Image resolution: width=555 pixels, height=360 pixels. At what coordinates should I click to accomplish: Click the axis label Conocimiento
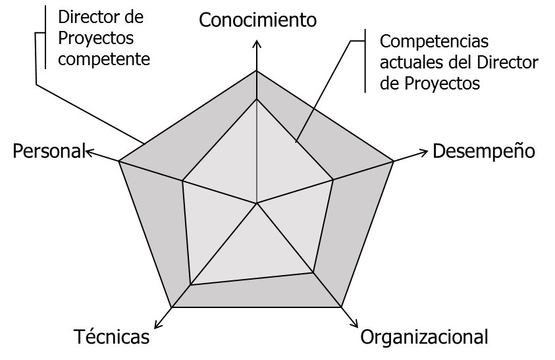click(257, 20)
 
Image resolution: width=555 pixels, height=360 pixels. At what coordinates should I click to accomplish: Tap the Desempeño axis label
click(483, 151)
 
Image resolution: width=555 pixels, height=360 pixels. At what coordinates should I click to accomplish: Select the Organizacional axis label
click(425, 337)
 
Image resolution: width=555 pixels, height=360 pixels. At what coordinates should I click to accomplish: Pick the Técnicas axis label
click(111, 337)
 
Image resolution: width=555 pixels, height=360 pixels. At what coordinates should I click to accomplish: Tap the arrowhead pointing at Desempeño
click(423, 153)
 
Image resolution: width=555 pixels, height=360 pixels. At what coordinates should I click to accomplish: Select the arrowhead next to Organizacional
click(354, 324)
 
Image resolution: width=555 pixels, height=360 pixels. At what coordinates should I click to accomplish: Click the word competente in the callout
click(104, 59)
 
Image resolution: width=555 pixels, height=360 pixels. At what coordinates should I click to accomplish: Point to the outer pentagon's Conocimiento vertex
click(257, 71)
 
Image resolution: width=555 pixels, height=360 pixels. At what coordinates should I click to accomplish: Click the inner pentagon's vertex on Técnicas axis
click(191, 285)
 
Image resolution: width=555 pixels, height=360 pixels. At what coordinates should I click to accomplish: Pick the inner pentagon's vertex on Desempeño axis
click(333, 180)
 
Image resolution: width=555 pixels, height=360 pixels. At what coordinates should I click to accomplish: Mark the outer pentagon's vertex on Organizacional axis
click(342, 307)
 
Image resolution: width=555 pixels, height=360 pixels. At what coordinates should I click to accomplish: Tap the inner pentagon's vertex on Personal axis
click(182, 180)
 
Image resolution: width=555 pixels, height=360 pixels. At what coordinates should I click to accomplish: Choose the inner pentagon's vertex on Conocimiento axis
click(257, 99)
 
